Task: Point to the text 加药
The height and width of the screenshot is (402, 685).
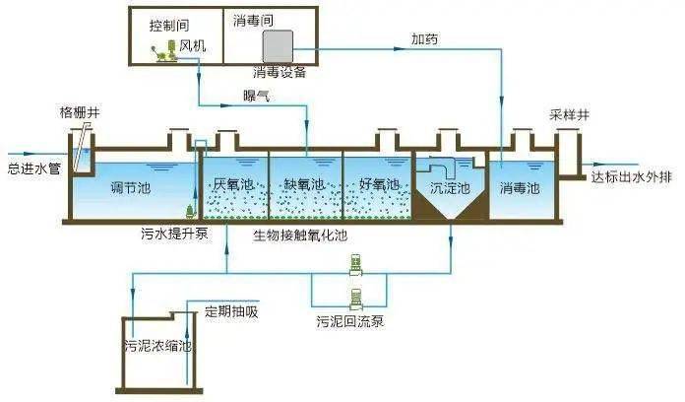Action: pos(426,38)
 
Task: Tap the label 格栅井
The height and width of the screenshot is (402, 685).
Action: pos(80,114)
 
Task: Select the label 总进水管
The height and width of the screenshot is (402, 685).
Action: pos(34,168)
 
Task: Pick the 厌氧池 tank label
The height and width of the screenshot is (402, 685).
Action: pos(233,184)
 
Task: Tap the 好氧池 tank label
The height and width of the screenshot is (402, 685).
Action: pos(378,184)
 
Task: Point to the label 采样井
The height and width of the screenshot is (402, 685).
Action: pos(569,115)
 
